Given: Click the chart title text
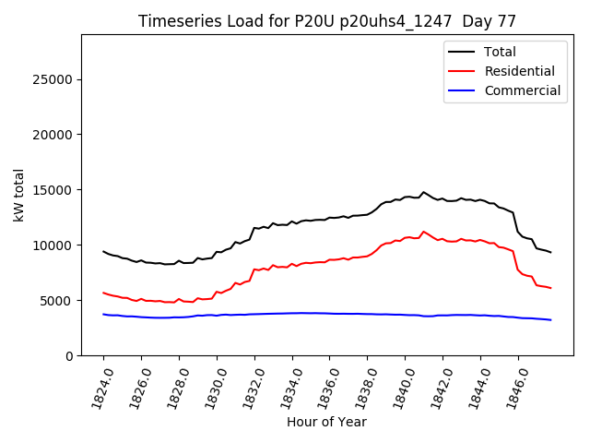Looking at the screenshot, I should point(326,20).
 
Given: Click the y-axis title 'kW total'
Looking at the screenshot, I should point(18,196).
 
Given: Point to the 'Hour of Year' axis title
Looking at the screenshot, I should point(326,422).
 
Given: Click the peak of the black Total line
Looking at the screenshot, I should point(424,192).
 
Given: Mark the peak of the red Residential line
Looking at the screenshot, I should point(424,232).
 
